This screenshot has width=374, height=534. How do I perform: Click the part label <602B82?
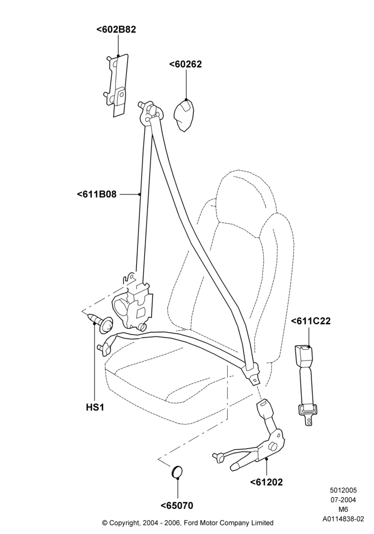click(116, 29)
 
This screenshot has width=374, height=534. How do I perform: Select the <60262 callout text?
click(185, 64)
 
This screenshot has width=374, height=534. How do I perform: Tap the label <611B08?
click(97, 194)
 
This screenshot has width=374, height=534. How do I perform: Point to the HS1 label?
click(95, 407)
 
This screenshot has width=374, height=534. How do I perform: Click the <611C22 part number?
click(310, 321)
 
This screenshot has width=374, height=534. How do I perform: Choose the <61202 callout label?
click(267, 482)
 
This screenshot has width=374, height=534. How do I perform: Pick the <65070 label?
click(177, 506)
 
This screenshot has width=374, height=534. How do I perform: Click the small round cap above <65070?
click(176, 472)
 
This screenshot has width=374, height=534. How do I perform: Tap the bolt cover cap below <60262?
click(185, 116)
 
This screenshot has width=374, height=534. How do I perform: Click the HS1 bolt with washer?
click(100, 323)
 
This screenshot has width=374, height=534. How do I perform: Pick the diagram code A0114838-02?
click(344, 519)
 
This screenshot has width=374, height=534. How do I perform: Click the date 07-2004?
click(344, 500)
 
